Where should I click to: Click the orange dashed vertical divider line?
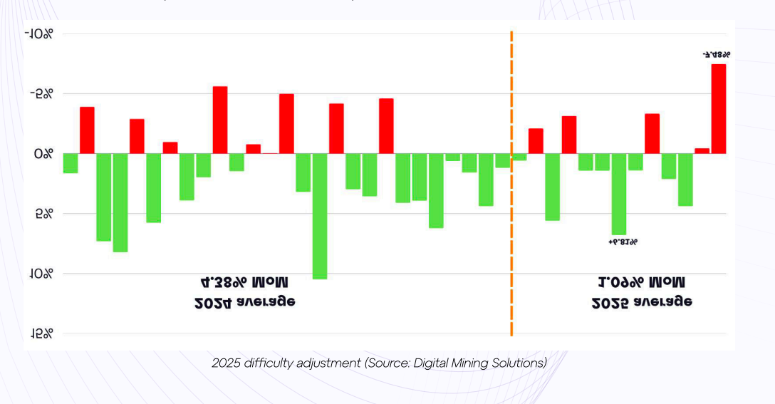tap(511, 214)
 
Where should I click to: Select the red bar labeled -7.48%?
tap(718, 108)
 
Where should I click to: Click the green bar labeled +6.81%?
tap(619, 194)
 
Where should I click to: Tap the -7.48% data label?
tap(716, 54)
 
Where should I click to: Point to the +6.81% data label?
tap(623, 242)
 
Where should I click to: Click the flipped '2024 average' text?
tap(245, 301)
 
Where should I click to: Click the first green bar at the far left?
tap(71, 163)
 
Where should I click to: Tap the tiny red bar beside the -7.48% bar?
tap(702, 150)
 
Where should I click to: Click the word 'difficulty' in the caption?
tap(271, 363)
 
